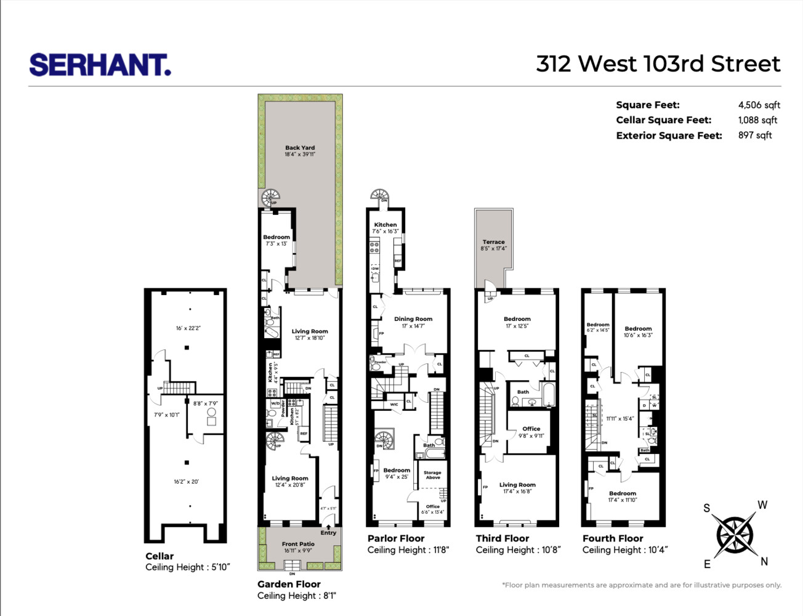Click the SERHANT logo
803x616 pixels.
pyautogui.click(x=100, y=65)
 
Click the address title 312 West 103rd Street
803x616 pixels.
pyautogui.click(x=658, y=64)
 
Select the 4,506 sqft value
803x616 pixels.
pyautogui.click(x=759, y=105)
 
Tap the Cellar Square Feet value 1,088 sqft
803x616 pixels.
pyautogui.click(x=757, y=120)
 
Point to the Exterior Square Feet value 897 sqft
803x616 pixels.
pyautogui.click(x=754, y=135)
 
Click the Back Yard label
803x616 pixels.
pyautogui.click(x=300, y=148)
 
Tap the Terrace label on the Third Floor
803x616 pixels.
pyautogui.click(x=493, y=242)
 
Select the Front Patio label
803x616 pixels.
pyautogui.click(x=298, y=544)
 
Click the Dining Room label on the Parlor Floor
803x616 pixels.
pyautogui.click(x=413, y=319)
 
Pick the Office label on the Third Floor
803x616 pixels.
pyautogui.click(x=531, y=429)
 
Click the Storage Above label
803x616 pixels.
pyautogui.click(x=432, y=475)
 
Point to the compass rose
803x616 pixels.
pyautogui.click(x=735, y=533)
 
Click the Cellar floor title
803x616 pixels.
pyautogui.click(x=159, y=556)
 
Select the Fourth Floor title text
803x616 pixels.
pyautogui.click(x=613, y=538)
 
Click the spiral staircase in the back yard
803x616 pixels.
pyautogui.click(x=270, y=198)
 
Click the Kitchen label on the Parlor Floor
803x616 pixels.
pyautogui.click(x=385, y=225)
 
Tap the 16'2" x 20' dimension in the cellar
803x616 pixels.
pyautogui.click(x=186, y=482)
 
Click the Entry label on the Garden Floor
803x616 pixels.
pyautogui.click(x=328, y=533)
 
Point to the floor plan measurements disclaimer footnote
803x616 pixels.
pyautogui.click(x=641, y=585)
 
